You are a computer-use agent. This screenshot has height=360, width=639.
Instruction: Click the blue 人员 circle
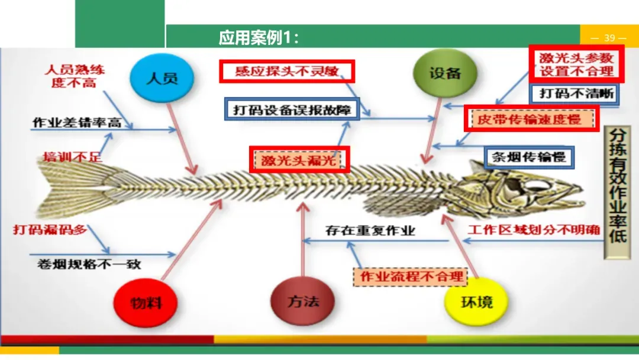click(x=162, y=78)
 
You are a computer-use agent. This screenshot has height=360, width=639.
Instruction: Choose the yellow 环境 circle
click(x=476, y=301)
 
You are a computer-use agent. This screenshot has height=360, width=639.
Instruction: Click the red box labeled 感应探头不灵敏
click(x=287, y=72)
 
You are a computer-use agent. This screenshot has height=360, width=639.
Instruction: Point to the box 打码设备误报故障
click(x=292, y=110)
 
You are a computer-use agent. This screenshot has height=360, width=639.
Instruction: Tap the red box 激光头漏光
click(x=299, y=160)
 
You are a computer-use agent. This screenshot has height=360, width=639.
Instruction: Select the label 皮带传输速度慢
click(x=531, y=119)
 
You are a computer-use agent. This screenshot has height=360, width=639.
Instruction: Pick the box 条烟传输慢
click(x=529, y=157)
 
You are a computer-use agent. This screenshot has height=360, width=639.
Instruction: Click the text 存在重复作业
click(x=370, y=230)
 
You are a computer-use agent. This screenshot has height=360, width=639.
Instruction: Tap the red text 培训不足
click(x=72, y=157)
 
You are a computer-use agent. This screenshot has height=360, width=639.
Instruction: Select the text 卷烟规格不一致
click(x=86, y=264)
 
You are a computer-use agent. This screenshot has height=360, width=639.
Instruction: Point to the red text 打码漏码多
click(x=50, y=229)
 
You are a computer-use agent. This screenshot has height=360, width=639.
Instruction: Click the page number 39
click(x=609, y=38)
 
